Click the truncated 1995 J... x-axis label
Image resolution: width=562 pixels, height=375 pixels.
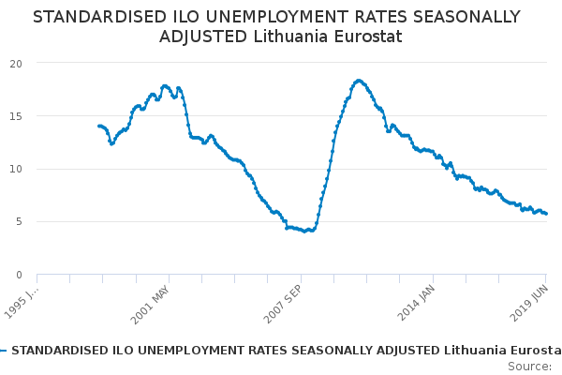point(22,302)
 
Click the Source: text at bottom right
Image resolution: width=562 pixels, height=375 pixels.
point(529,366)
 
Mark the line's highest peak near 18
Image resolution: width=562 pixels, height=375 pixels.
point(359,81)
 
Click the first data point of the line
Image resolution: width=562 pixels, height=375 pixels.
point(98,126)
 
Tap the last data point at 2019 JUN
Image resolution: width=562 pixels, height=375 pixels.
point(546,214)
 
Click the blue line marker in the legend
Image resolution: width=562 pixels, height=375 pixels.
point(4,351)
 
